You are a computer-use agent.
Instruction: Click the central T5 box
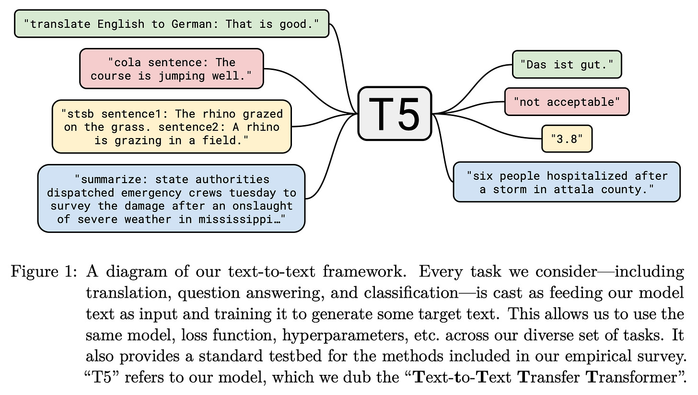[395, 114]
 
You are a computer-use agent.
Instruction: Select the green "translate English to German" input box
[172, 23]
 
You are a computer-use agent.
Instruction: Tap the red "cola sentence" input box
[172, 69]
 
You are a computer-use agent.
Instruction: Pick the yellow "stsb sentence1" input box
[172, 127]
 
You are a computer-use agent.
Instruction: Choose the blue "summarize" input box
[172, 198]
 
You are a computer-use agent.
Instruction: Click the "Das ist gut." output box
[567, 64]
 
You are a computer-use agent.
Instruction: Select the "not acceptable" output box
[567, 102]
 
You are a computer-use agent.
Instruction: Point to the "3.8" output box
[567, 139]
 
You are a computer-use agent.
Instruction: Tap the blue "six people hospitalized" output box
[567, 182]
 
